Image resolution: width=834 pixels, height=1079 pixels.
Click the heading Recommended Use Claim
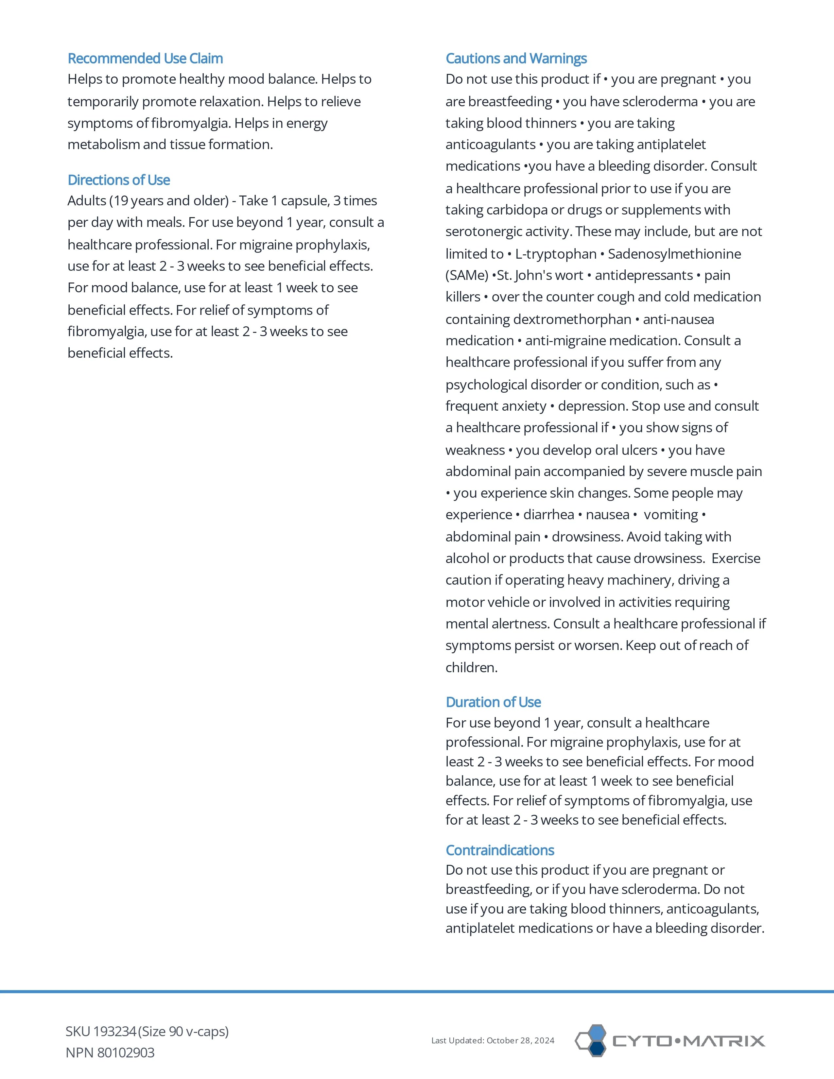145,58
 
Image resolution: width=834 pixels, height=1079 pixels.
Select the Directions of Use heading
119,180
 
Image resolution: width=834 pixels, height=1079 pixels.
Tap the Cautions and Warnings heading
516,58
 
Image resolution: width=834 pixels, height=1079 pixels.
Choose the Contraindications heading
499,850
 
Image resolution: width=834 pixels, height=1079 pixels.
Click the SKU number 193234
114,1032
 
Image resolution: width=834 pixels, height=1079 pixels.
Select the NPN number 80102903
126,1053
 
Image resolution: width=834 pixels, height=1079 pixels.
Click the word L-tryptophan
556,254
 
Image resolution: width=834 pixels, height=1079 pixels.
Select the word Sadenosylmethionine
674,254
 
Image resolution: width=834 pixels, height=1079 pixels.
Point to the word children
471,667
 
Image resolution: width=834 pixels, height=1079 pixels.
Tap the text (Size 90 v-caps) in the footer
183,1032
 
